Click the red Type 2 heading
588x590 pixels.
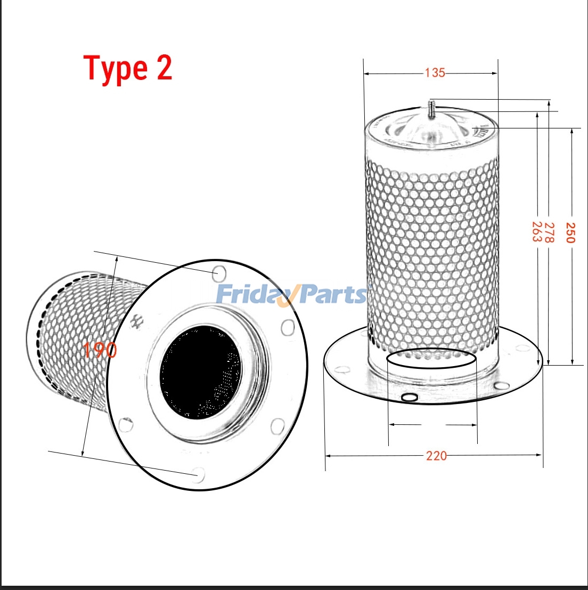point(128,69)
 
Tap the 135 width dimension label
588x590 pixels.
point(435,72)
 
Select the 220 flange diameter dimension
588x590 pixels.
point(436,456)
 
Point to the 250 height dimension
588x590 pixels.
point(570,232)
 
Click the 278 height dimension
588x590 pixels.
point(550,232)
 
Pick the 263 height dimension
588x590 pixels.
point(537,232)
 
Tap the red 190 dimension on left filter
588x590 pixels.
point(100,350)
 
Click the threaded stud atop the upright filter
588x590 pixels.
point(431,109)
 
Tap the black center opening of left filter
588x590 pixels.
point(200,372)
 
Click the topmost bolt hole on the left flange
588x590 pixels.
point(218,273)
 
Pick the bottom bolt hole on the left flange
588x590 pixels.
point(198,474)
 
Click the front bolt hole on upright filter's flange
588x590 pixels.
point(410,398)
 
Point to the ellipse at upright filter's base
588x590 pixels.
point(431,360)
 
